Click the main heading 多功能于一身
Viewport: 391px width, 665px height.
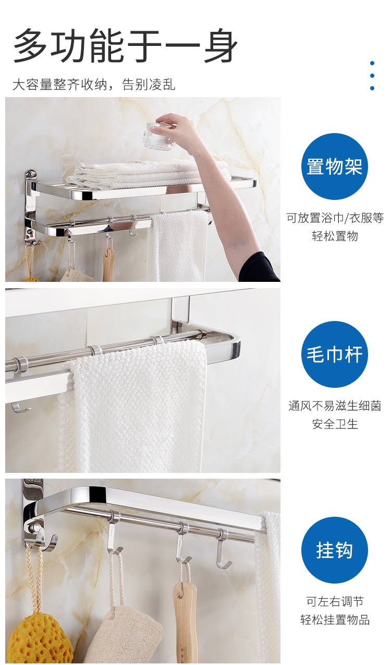[125, 46]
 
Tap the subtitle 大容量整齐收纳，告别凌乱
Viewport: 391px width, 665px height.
[94, 85]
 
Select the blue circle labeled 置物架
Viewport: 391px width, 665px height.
[334, 166]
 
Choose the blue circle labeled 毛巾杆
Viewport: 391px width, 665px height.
[334, 354]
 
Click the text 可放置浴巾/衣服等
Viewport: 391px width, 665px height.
[335, 218]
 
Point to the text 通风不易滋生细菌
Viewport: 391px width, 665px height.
[335, 406]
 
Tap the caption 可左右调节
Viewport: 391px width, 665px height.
[335, 601]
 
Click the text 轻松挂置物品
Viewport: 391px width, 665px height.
[335, 620]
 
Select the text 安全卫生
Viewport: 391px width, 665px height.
[335, 424]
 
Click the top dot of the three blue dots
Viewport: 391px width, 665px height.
[372, 63]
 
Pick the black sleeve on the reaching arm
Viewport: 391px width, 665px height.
[258, 267]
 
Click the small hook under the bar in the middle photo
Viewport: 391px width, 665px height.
[20, 407]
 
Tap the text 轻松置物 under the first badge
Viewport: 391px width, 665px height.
[335, 236]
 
